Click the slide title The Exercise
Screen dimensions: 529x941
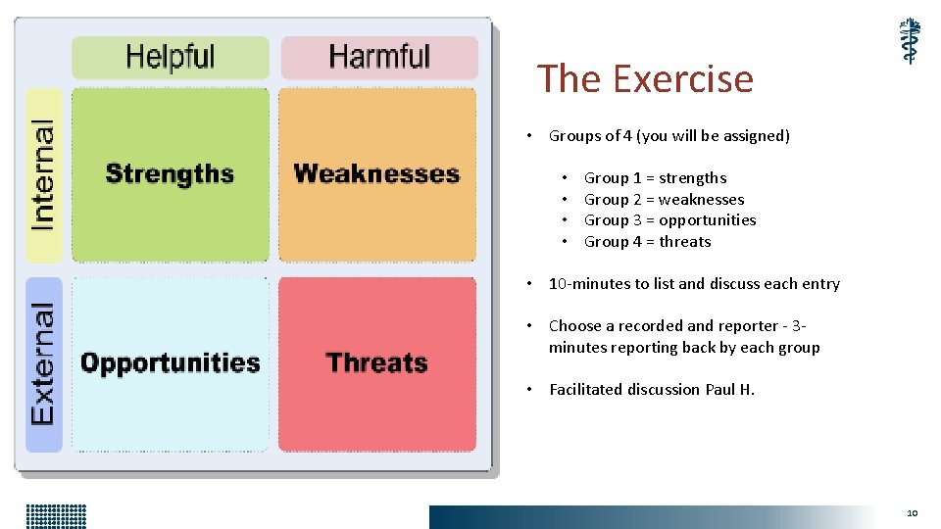coord(645,78)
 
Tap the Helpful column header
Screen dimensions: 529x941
coord(170,57)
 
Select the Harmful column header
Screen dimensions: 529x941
coord(379,57)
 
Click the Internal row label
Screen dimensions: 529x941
coord(43,175)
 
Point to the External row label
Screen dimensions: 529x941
coord(43,363)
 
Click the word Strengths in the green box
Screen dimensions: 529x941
coord(170,174)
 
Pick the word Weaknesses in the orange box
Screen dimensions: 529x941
coord(376,174)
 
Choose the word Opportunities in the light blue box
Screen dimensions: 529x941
coord(170,363)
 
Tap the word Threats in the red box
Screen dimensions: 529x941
coord(376,363)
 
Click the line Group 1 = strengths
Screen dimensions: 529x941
coord(655,178)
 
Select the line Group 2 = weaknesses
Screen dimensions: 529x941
coord(664,200)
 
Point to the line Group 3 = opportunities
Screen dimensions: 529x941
coord(669,220)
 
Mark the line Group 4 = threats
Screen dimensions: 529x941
coord(647,242)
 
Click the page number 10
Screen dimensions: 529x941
coord(912,512)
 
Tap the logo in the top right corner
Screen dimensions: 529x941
coord(911,41)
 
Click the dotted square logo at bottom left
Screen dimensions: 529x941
coord(57,515)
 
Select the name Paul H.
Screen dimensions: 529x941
coord(730,390)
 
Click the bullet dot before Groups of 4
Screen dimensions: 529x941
coord(528,136)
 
